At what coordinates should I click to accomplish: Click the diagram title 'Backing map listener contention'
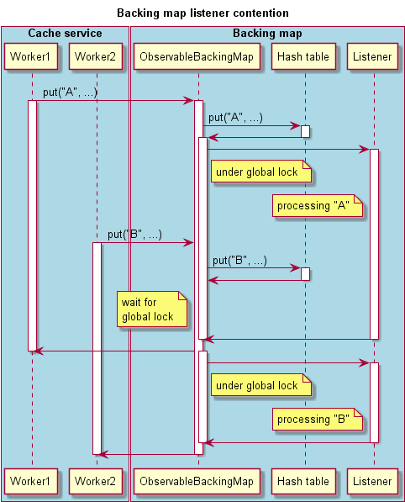[202, 13]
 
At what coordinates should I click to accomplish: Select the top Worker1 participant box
[32, 57]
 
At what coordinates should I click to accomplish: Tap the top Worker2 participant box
[97, 57]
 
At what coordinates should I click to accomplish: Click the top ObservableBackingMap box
[198, 57]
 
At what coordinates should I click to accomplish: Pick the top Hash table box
[305, 57]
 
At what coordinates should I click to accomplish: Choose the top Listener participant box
[374, 57]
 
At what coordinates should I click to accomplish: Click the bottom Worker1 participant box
[32, 481]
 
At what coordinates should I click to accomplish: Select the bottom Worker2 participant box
[97, 481]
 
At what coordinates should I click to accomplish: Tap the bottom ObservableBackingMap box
[198, 481]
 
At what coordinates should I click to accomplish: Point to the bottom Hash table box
[305, 481]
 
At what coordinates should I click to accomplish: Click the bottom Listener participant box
[374, 481]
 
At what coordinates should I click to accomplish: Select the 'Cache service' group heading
[65, 34]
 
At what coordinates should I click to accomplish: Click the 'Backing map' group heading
[267, 34]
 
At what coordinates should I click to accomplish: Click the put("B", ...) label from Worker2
[134, 235]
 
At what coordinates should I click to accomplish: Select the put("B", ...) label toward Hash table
[239, 261]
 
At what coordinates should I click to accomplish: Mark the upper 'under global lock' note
[260, 172]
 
